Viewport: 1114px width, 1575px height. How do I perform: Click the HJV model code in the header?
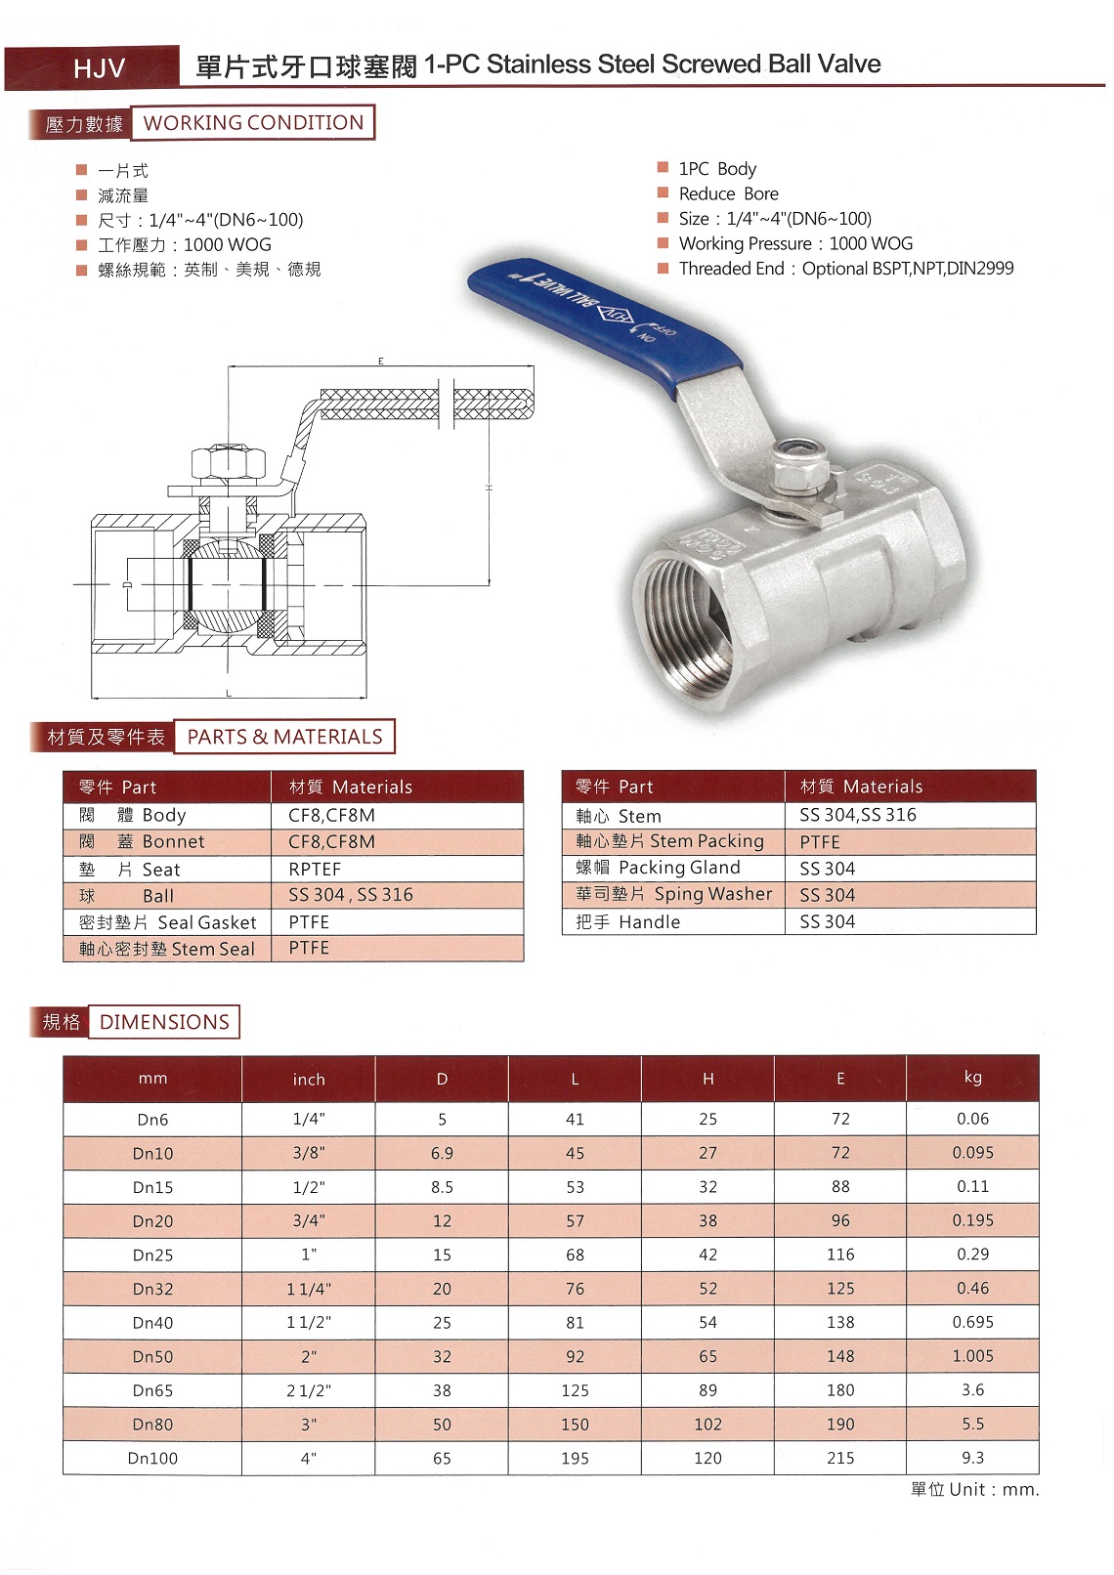99,68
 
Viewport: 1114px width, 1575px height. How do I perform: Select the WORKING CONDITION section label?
253,122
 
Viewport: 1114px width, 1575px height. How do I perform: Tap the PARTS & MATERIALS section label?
284,736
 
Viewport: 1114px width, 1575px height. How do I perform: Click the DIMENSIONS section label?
164,1022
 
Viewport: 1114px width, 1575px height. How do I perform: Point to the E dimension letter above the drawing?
380,362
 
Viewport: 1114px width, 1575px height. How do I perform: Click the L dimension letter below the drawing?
229,694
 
